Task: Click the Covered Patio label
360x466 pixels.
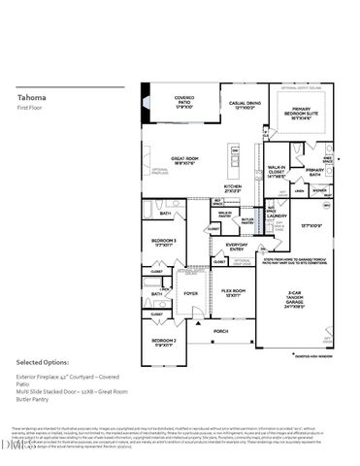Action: click(184, 101)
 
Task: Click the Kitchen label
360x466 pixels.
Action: click(233, 188)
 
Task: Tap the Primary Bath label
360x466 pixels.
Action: click(321, 172)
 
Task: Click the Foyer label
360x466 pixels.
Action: click(192, 293)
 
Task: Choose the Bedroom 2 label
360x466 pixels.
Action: click(162, 342)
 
